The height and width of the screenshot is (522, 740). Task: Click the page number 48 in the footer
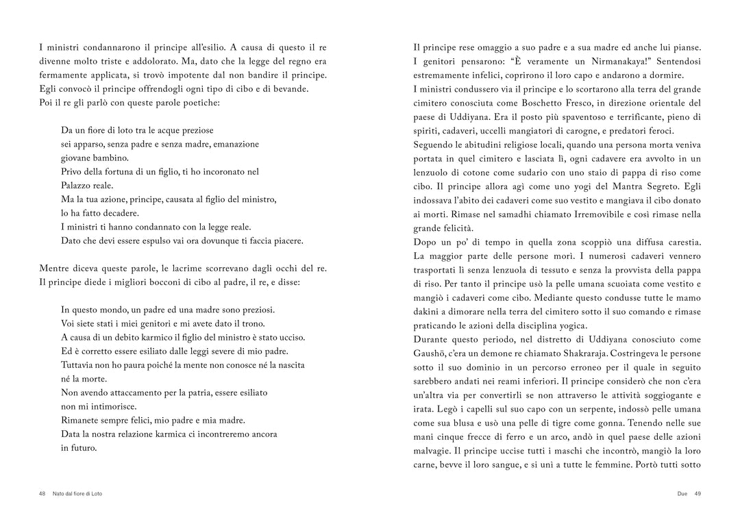[42, 493]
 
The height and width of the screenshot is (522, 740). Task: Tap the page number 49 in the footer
[698, 493]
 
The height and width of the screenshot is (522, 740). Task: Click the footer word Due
[682, 493]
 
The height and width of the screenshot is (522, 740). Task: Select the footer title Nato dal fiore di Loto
[77, 493]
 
